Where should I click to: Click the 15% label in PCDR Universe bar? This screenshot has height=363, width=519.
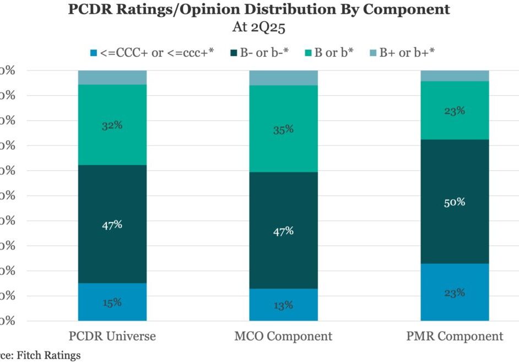(112, 302)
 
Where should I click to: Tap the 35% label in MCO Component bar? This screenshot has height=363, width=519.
(283, 130)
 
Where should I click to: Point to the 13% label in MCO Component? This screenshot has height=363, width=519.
(283, 305)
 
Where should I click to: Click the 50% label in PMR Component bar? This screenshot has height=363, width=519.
(455, 202)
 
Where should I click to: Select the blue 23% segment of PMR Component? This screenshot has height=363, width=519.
(455, 292)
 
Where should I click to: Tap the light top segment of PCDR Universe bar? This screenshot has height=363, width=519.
(112, 77)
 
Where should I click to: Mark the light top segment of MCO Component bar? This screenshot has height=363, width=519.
(283, 78)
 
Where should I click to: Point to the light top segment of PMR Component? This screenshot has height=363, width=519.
(455, 75)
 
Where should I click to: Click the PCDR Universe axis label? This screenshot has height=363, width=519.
(112, 336)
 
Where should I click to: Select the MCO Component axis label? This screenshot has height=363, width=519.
(283, 336)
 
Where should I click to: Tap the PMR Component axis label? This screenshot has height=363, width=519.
(455, 336)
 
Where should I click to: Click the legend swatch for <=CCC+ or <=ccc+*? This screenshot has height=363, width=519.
(93, 53)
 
